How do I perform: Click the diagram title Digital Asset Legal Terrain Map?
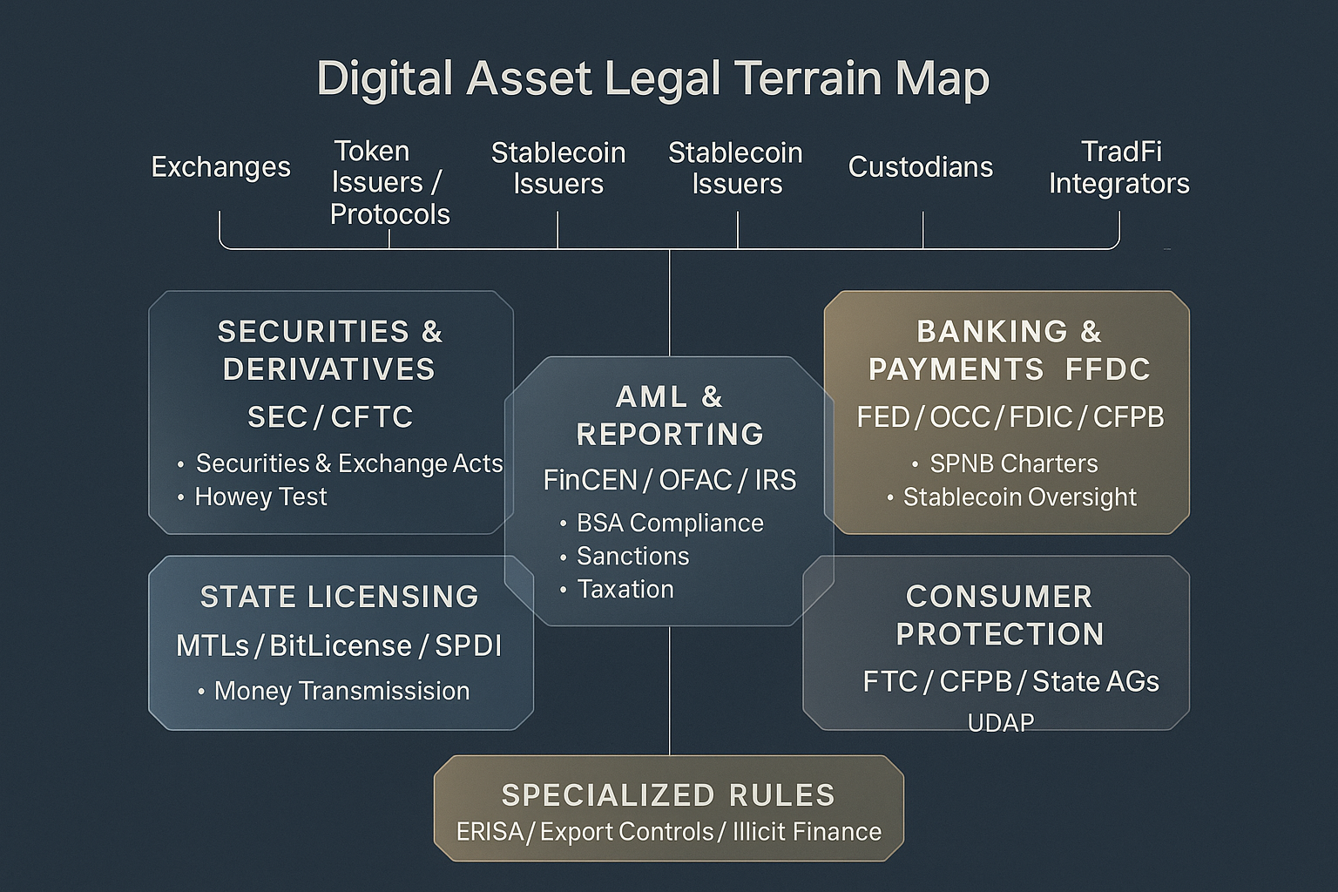(652, 79)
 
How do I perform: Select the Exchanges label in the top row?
(220, 167)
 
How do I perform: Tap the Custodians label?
(920, 167)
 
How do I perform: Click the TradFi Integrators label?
(1118, 167)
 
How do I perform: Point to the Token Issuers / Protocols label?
(389, 183)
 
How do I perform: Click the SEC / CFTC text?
(330, 417)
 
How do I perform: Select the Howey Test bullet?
(260, 497)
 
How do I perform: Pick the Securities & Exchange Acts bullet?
(348, 463)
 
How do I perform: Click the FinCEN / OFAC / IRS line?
(669, 480)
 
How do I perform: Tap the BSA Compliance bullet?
(669, 523)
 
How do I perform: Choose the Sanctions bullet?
(632, 556)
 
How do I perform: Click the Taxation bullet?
(625, 590)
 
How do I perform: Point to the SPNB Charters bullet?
(1013, 463)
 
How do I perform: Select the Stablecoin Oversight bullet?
(1019, 497)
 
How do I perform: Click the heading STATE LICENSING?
(339, 597)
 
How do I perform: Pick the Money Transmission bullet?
(341, 691)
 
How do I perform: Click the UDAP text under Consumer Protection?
(1000, 722)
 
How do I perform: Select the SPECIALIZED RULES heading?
(668, 795)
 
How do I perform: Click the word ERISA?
(490, 832)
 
